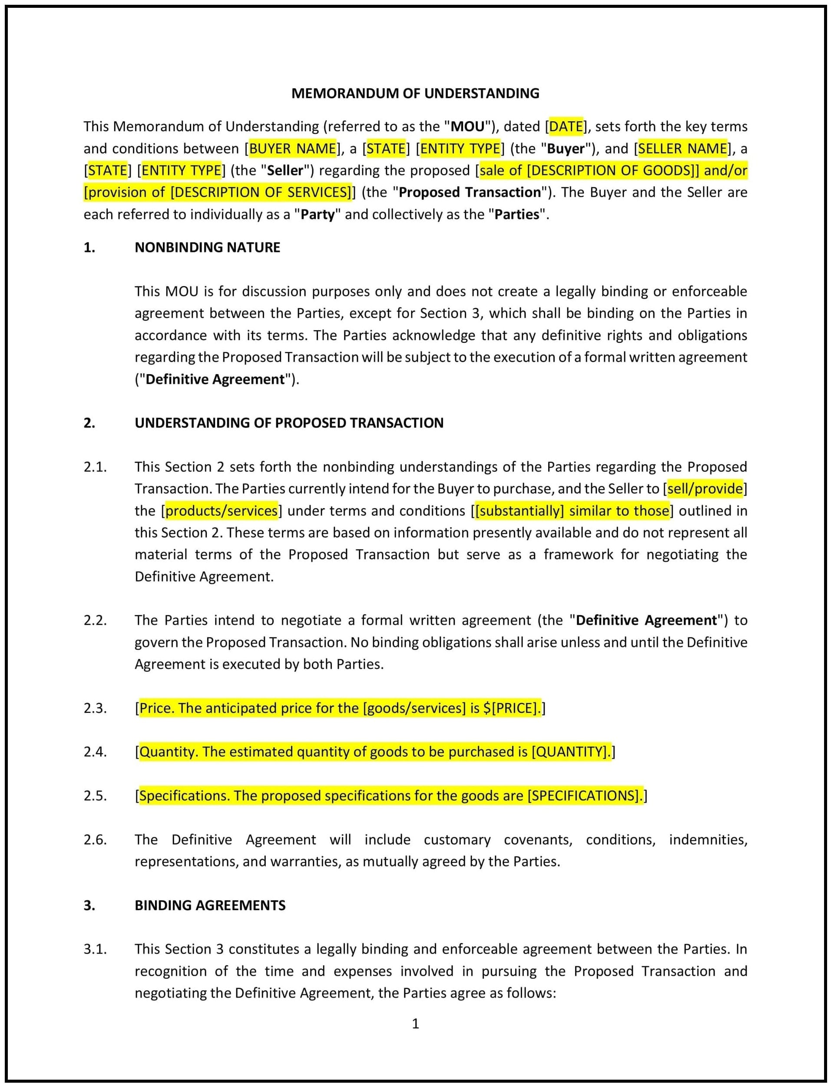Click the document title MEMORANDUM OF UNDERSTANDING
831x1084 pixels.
pos(415,93)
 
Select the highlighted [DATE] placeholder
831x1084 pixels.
pos(566,127)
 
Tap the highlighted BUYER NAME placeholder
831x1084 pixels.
pos(293,149)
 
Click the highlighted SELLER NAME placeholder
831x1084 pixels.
pos(682,149)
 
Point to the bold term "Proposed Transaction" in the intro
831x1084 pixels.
pos(470,192)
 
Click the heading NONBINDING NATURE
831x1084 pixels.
pos(207,247)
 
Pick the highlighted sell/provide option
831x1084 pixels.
pos(704,489)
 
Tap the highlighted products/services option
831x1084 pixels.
pos(221,511)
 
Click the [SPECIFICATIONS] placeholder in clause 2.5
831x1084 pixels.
pos(583,796)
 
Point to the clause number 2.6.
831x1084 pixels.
pos(95,839)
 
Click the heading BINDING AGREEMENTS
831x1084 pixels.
pos(210,905)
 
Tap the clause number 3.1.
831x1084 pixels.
pos(95,949)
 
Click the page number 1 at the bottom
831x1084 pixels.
pos(415,1024)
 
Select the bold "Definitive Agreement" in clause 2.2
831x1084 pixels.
pos(646,620)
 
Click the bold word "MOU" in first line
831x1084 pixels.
pos(467,127)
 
